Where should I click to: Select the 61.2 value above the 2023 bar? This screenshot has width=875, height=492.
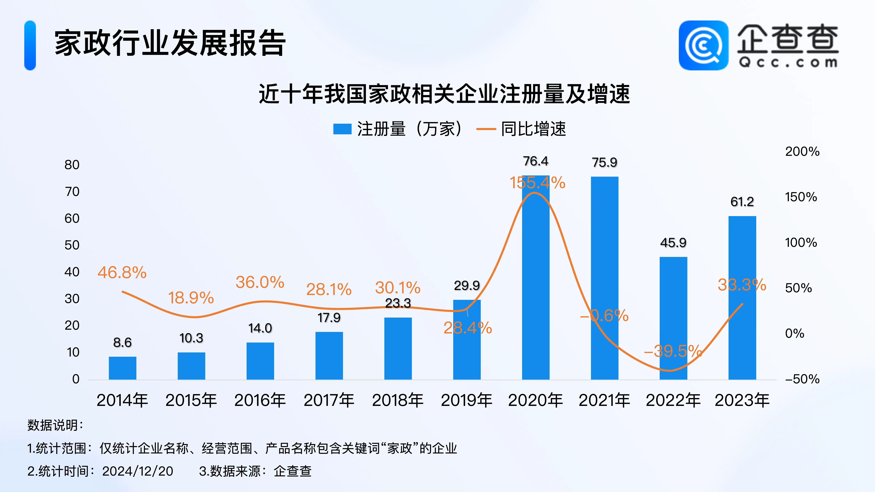742,202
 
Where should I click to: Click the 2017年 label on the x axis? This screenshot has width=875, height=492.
329,400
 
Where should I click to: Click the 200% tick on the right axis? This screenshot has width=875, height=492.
802,151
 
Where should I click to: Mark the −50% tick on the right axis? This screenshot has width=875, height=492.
802,379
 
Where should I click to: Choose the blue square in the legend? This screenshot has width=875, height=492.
342,129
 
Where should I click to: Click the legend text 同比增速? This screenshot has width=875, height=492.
533,129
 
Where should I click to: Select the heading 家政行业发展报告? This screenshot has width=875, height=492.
170,43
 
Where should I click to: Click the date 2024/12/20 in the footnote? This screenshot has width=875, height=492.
138,471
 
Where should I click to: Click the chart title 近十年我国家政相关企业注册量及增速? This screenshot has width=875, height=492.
444,94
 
